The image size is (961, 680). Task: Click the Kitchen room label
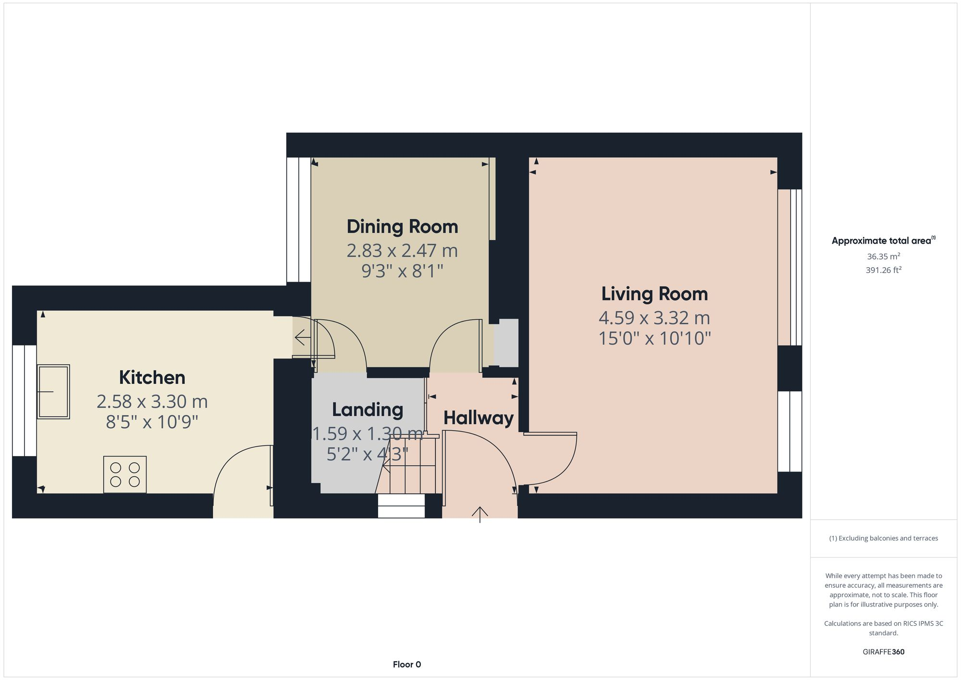pyautogui.click(x=152, y=377)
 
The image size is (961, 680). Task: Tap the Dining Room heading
pyautogui.click(x=402, y=226)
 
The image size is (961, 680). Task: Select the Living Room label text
pyautogui.click(x=654, y=294)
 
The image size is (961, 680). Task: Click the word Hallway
pyautogui.click(x=478, y=418)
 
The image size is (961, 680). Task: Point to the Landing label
pyautogui.click(x=368, y=409)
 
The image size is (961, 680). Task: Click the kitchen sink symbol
pyautogui.click(x=53, y=392)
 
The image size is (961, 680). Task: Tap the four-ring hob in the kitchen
pyautogui.click(x=125, y=474)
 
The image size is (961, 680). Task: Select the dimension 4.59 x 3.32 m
pyautogui.click(x=654, y=318)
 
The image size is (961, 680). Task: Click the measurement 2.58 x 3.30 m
pyautogui.click(x=152, y=401)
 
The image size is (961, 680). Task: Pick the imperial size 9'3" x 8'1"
pyautogui.click(x=402, y=272)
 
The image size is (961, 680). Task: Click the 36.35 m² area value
pyautogui.click(x=883, y=257)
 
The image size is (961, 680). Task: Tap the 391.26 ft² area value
pyautogui.click(x=883, y=270)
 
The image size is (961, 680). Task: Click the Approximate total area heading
pyautogui.click(x=883, y=241)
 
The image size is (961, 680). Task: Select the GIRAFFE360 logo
pyautogui.click(x=883, y=652)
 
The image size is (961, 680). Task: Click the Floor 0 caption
pyautogui.click(x=407, y=664)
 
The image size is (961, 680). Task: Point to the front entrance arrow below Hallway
pyautogui.click(x=480, y=514)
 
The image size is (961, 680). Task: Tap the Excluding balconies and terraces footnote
pyautogui.click(x=883, y=538)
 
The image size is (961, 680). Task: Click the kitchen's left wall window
pyautogui.click(x=24, y=400)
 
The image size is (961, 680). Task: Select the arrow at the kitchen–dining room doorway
pyautogui.click(x=303, y=338)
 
